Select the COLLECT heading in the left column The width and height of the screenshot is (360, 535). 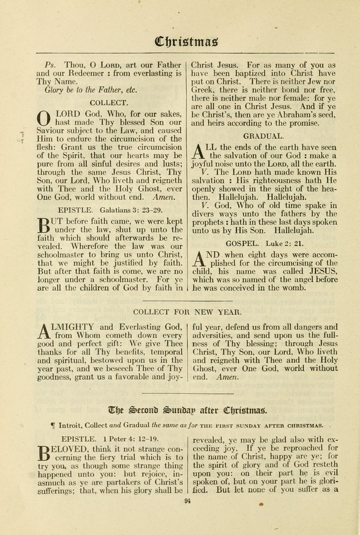109,102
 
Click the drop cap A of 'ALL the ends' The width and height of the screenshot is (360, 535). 199,151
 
